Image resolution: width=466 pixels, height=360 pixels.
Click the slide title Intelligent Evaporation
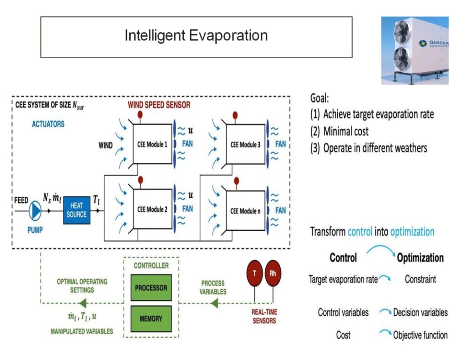pyautogui.click(x=196, y=35)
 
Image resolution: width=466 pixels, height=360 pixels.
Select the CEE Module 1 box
pyautogui.click(x=152, y=144)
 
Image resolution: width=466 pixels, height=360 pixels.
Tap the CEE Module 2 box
pyautogui.click(x=152, y=210)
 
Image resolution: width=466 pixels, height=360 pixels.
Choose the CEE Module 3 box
pyautogui.click(x=245, y=144)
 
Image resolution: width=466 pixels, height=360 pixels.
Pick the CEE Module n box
pyautogui.click(x=245, y=211)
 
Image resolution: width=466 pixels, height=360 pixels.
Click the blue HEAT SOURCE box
pyautogui.click(x=76, y=210)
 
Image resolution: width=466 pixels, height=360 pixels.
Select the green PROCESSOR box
pyautogui.click(x=151, y=288)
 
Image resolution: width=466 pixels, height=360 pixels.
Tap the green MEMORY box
pyautogui.click(x=151, y=319)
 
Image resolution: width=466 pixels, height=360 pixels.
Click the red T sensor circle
pyautogui.click(x=255, y=273)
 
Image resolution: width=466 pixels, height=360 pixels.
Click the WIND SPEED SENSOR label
pyautogui.click(x=159, y=105)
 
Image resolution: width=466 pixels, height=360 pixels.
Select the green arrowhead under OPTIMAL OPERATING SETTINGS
pyautogui.click(x=82, y=303)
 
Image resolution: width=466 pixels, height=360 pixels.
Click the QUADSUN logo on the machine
pyautogui.click(x=433, y=44)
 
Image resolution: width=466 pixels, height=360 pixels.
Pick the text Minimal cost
pyautogui.click(x=346, y=132)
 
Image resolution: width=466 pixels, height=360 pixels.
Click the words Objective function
pyautogui.click(x=420, y=335)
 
